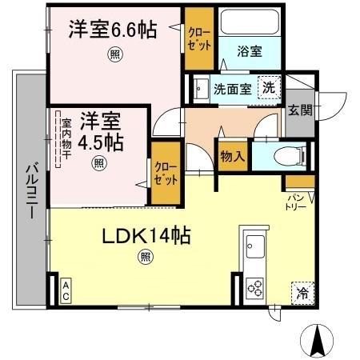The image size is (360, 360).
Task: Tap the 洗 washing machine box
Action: pyautogui.click(x=270, y=87)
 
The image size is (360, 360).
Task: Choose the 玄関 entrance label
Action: pyautogui.click(x=300, y=110)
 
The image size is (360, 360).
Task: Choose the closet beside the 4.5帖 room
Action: pyautogui.click(x=166, y=171)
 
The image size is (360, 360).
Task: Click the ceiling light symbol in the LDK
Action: pyautogui.click(x=145, y=258)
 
